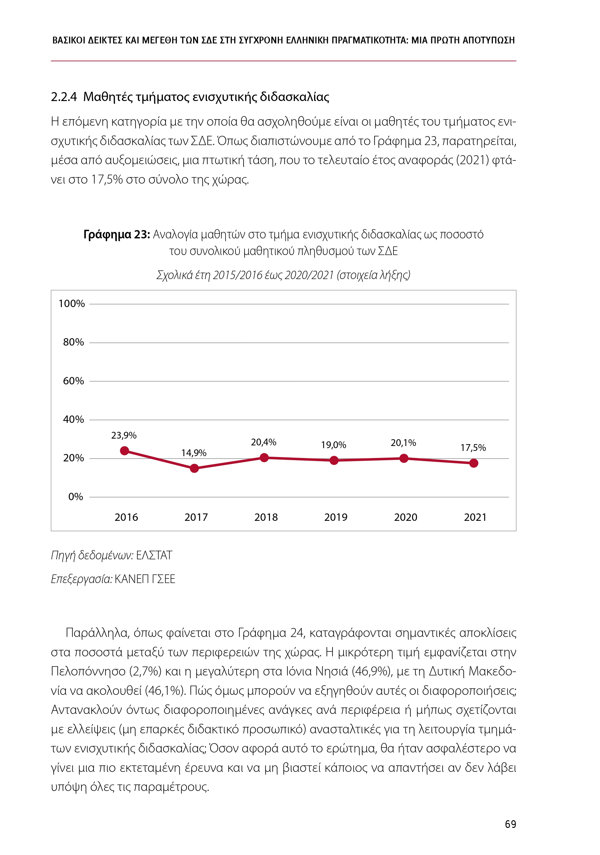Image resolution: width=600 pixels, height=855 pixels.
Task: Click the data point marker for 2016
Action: [x=125, y=451]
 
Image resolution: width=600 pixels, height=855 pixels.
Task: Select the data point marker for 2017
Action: [x=194, y=468]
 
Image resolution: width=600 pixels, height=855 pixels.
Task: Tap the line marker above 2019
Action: [x=334, y=461]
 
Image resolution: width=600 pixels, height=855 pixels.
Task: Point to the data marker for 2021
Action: [x=474, y=463]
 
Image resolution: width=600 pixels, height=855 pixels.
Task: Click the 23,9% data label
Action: [x=124, y=435]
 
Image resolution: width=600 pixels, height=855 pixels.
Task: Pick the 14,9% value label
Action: [x=194, y=453]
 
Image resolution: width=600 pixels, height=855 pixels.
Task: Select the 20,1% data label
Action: [x=403, y=443]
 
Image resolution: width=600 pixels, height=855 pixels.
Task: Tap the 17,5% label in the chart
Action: [x=473, y=448]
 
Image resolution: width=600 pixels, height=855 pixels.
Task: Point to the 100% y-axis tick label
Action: [x=71, y=304]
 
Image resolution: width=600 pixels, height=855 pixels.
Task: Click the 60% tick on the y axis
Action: [x=73, y=381]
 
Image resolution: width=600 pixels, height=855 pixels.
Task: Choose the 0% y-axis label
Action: [x=75, y=497]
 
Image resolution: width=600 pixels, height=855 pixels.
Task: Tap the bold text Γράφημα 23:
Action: [x=116, y=235]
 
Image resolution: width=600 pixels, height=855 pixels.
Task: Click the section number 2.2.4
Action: [x=64, y=97]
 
